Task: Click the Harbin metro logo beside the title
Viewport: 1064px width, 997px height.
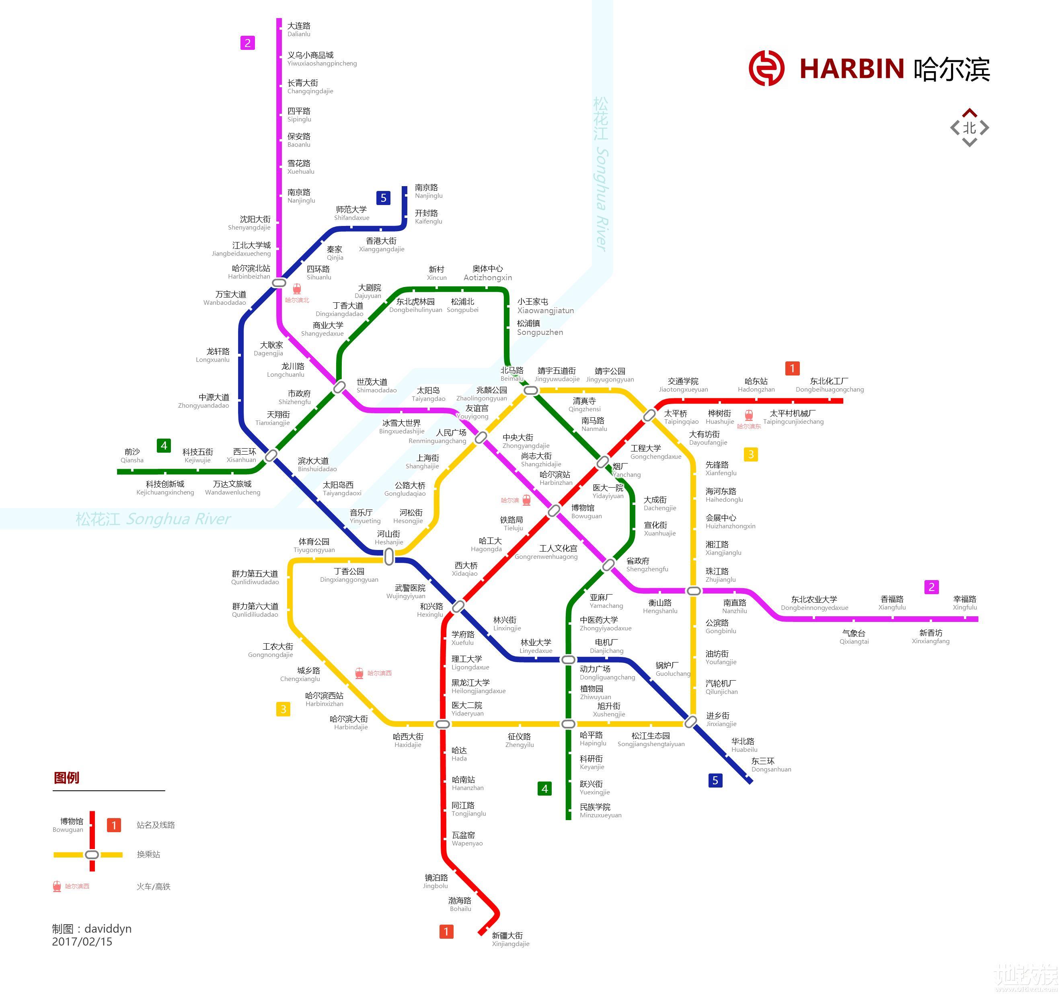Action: click(x=766, y=68)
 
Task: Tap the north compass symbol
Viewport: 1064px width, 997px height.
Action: click(x=969, y=128)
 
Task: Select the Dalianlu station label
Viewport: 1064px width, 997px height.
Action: click(x=299, y=29)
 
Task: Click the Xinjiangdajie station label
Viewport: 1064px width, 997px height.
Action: click(x=510, y=939)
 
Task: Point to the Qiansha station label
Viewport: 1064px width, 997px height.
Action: click(x=131, y=455)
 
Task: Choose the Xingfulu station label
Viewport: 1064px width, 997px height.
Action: click(x=964, y=603)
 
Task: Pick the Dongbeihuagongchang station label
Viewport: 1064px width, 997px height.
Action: click(x=829, y=385)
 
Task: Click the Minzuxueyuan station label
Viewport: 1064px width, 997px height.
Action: click(x=600, y=811)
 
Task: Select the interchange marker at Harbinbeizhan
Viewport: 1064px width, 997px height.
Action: click(x=279, y=283)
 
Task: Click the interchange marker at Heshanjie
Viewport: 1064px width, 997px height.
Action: click(x=389, y=557)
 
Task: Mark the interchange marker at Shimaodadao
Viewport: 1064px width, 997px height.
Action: click(x=339, y=387)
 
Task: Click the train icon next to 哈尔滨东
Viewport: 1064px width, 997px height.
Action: click(x=749, y=415)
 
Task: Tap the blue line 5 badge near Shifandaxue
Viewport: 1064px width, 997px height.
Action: click(x=383, y=198)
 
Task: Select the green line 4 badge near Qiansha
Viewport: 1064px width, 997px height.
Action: click(x=164, y=445)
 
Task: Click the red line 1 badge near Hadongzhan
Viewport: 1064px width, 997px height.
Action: click(x=792, y=368)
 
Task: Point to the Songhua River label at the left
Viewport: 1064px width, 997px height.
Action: click(x=153, y=519)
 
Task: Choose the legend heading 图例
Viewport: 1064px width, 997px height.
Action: click(x=66, y=777)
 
